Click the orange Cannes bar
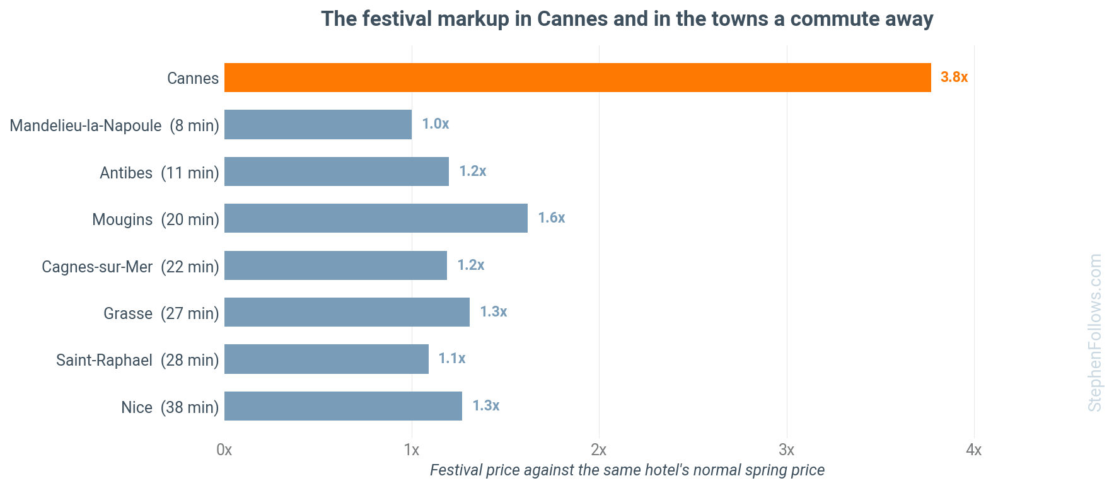pyautogui.click(x=577, y=78)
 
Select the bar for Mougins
pyautogui.click(x=376, y=218)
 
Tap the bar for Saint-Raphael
pyautogui.click(x=327, y=359)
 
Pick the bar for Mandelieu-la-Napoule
pyautogui.click(x=318, y=124)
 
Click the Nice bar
pyautogui.click(x=343, y=406)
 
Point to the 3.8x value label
pyautogui.click(x=954, y=77)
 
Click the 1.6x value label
pyautogui.click(x=551, y=218)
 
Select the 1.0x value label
pyautogui.click(x=435, y=124)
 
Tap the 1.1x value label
pyautogui.click(x=452, y=358)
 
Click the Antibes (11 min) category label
pyautogui.click(x=160, y=173)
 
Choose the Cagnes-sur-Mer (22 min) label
pyautogui.click(x=131, y=267)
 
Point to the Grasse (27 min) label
pyautogui.click(x=161, y=313)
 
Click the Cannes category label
pyautogui.click(x=193, y=78)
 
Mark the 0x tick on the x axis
pyautogui.click(x=224, y=450)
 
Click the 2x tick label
pyautogui.click(x=599, y=450)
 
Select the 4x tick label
pyautogui.click(x=974, y=450)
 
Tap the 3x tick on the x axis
pyautogui.click(x=786, y=450)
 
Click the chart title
pyautogui.click(x=627, y=19)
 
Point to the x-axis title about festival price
pyautogui.click(x=627, y=470)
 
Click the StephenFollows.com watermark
pyautogui.click(x=1095, y=333)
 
